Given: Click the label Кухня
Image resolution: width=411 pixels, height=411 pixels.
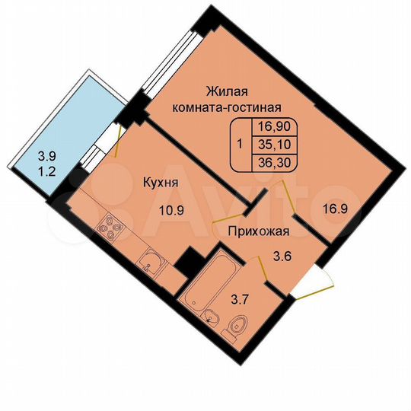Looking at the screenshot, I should pyautogui.click(x=161, y=183).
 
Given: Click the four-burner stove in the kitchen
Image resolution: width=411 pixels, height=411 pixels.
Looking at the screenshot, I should pyautogui.click(x=111, y=228).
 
